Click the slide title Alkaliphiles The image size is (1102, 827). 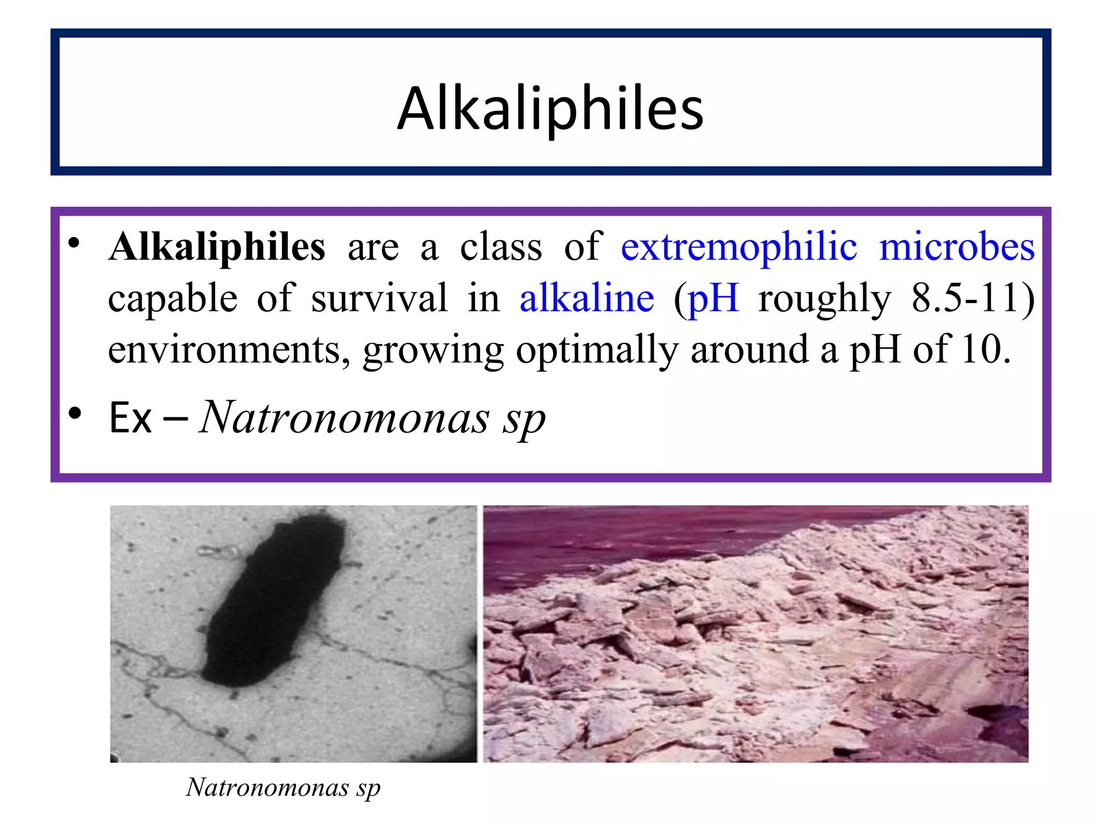(x=550, y=109)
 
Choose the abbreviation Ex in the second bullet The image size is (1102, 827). (x=130, y=418)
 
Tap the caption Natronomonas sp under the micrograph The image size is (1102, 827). (x=283, y=788)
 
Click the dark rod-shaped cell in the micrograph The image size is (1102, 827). (x=274, y=600)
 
